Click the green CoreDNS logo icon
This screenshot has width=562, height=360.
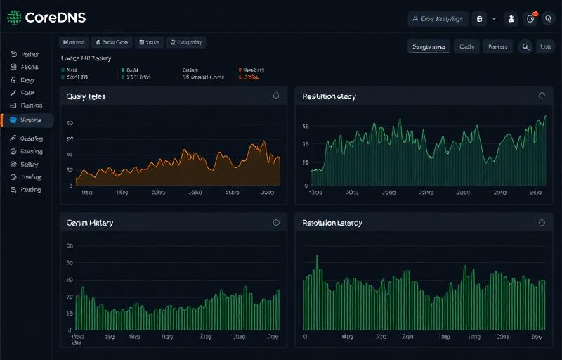[14, 18]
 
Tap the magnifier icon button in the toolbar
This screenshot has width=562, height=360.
[525, 47]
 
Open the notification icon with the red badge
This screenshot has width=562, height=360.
[531, 19]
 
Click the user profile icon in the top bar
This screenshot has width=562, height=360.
[511, 19]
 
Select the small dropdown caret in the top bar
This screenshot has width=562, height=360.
[495, 19]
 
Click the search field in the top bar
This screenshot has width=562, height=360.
[438, 19]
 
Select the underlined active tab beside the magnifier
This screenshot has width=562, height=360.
[428, 47]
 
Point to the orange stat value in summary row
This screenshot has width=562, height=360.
[251, 77]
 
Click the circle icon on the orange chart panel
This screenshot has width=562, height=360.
[275, 96]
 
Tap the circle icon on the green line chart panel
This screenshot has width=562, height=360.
[542, 96]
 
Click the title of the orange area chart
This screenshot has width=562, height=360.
[86, 96]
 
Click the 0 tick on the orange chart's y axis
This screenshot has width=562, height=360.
[70, 186]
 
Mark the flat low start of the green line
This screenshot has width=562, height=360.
[316, 170]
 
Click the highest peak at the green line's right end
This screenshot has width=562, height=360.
[544, 116]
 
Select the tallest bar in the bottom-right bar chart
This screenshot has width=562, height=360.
[316, 256]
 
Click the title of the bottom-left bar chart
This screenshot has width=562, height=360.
[89, 223]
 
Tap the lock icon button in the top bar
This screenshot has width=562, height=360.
[481, 19]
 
